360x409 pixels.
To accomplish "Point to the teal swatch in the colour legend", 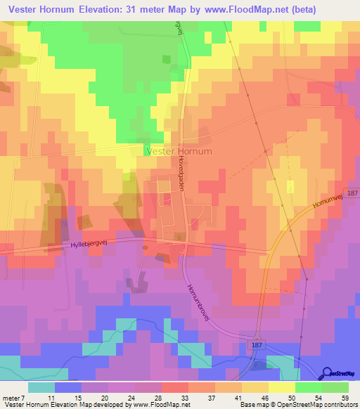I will pyautogui.click(x=41, y=387).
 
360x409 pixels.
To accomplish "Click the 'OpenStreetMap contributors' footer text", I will pyautogui.click(x=319, y=405).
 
